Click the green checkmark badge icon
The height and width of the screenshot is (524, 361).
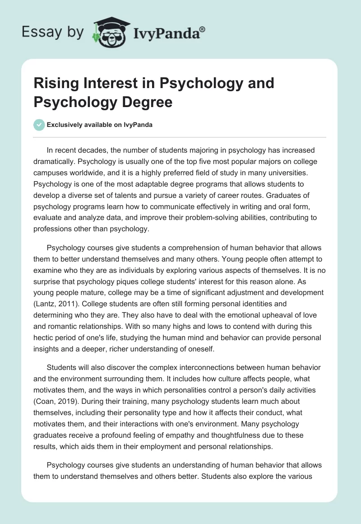click(40, 125)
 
